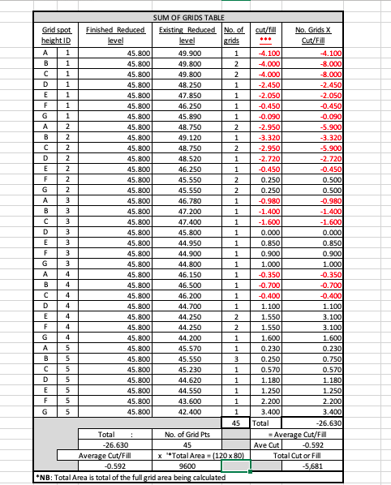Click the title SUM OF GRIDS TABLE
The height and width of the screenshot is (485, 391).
click(189, 17)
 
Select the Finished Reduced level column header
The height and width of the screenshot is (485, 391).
click(115, 33)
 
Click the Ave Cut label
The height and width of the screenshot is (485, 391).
click(267, 444)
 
